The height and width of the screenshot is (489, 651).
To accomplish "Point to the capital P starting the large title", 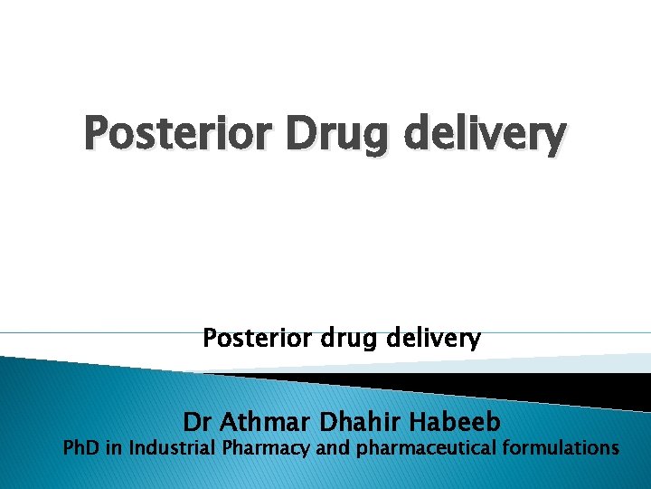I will [x=97, y=134].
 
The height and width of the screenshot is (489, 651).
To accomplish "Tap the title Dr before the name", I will [x=198, y=422].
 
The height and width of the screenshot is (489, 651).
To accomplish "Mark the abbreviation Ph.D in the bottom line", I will [x=82, y=447].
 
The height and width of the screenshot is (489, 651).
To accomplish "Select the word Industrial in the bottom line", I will [x=172, y=447].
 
